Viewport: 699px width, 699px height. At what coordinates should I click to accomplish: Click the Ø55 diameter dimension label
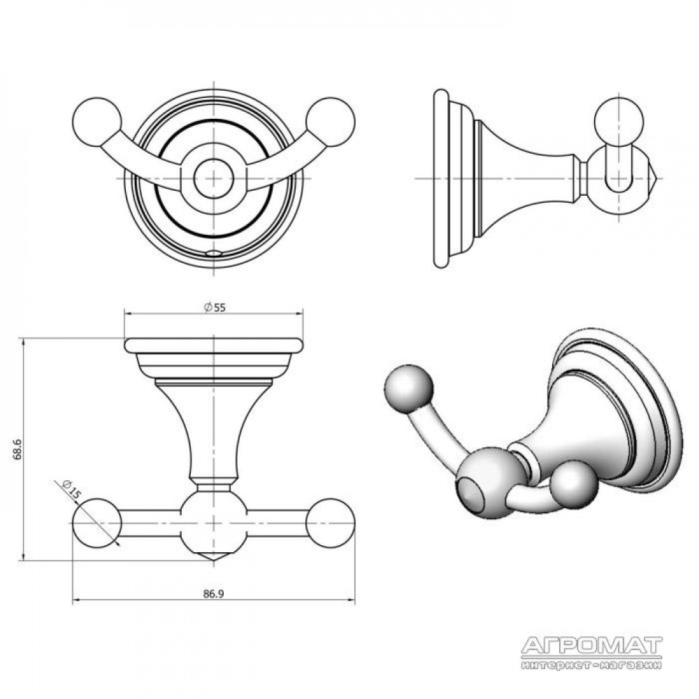(215, 308)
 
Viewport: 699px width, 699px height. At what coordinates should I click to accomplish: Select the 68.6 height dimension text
(17, 449)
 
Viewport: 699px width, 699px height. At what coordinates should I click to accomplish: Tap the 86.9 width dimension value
(213, 593)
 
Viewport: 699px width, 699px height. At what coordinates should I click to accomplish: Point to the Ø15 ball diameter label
(71, 489)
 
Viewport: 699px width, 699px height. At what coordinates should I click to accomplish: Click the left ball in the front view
(96, 122)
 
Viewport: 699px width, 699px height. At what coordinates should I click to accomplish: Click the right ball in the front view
(331, 122)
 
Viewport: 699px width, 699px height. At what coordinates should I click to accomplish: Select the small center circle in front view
(214, 179)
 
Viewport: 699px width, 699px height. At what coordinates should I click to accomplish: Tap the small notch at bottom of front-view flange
(214, 253)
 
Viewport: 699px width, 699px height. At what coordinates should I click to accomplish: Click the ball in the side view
(619, 122)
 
